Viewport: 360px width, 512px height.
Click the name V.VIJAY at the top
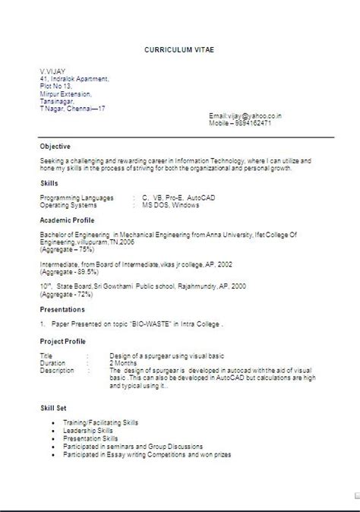coord(54,71)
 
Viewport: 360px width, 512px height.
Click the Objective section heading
coord(55,146)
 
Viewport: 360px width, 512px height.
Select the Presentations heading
coord(63,309)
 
